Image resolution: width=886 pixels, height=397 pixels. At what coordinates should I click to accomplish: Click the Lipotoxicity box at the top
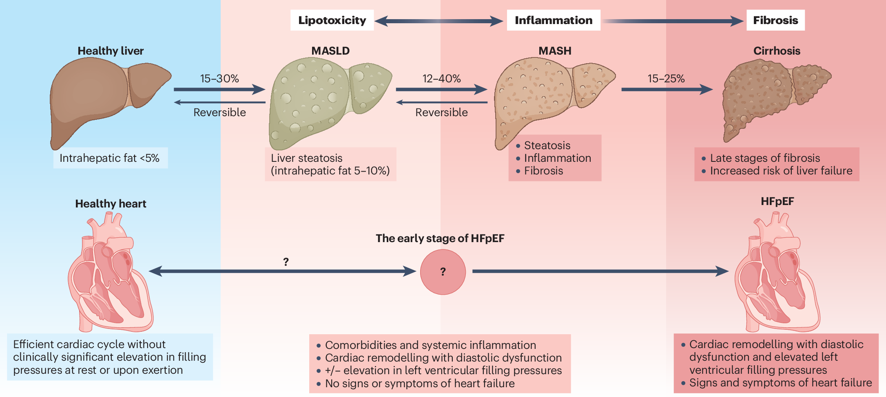(x=332, y=20)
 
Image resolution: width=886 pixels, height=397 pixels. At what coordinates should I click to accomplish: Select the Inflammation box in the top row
(x=553, y=20)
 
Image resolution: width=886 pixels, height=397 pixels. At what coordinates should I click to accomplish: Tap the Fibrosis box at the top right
(x=775, y=20)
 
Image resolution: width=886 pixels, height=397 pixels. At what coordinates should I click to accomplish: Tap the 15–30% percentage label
(x=219, y=78)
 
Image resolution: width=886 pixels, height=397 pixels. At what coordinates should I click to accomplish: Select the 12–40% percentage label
(x=441, y=78)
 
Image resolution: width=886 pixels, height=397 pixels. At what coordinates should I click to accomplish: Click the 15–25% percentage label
(x=666, y=78)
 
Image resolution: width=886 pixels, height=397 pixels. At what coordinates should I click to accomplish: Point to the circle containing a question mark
(x=443, y=272)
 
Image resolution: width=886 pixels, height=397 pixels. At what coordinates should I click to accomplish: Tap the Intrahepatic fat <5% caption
(x=110, y=158)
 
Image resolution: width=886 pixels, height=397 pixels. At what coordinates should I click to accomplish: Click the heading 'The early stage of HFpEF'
(x=440, y=238)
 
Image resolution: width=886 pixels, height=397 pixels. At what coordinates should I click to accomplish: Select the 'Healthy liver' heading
(x=111, y=51)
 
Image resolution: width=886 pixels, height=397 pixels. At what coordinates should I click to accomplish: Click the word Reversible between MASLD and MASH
(x=441, y=112)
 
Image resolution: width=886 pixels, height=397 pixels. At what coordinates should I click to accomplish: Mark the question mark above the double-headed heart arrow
(x=286, y=262)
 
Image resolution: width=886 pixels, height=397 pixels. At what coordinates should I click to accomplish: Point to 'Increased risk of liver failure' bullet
(x=781, y=171)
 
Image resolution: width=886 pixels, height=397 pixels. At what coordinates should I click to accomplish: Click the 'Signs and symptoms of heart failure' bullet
(x=780, y=383)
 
